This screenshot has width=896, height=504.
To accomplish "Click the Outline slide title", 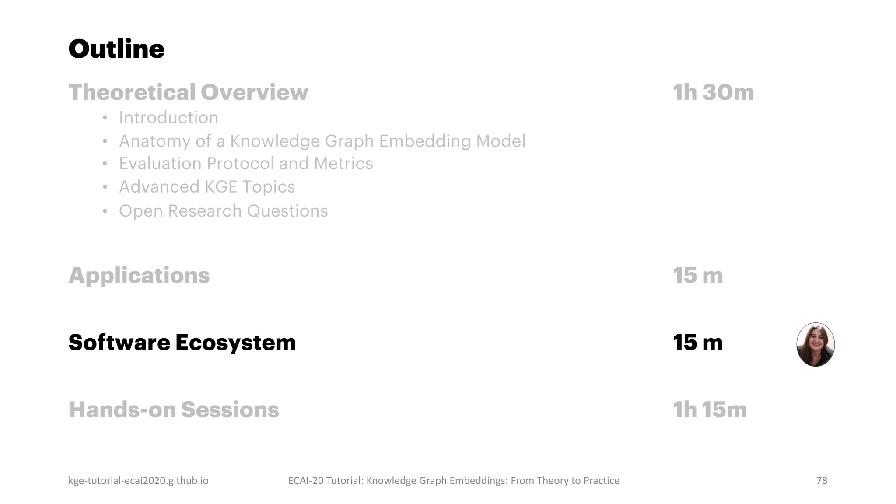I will coord(116,49).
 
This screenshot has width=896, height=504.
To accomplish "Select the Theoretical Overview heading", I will coord(188,92).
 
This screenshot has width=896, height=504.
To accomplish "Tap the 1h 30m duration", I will coord(713,92).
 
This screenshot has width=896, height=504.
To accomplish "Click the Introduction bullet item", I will coord(168,118).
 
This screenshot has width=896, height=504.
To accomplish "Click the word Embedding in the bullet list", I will coord(425,141).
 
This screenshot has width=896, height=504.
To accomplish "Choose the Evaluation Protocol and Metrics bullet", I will coord(245,164).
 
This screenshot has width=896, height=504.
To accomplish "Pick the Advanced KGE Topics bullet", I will coord(207,187).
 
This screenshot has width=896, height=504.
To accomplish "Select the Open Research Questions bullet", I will coord(223,211).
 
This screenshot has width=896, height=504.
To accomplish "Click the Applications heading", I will coord(139,276).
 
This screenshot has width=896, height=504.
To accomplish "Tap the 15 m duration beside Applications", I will coord(697,276).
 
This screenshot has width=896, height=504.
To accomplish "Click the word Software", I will coord(119,343).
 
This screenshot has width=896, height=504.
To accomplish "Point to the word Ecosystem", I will coord(235,343).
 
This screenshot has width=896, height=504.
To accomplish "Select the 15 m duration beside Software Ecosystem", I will coord(697,343).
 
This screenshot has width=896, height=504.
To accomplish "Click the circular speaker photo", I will coord(815,345).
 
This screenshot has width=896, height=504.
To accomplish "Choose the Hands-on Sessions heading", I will coord(174,410).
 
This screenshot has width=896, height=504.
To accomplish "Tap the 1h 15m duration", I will coord(710,410).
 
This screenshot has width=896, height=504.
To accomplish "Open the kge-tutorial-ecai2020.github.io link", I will coord(138,481).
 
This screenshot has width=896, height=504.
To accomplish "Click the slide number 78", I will coord(822,481).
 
